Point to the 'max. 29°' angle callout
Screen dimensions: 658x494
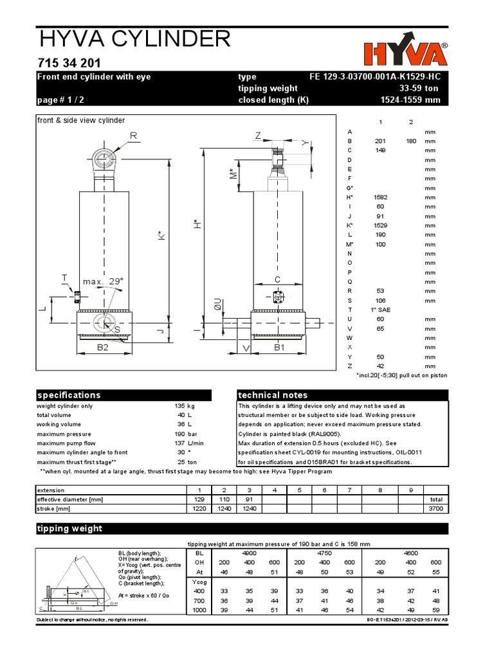102,281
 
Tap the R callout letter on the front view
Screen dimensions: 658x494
134,136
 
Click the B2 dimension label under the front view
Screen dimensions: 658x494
102,348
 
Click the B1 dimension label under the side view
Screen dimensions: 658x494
279,348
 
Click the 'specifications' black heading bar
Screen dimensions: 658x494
123,395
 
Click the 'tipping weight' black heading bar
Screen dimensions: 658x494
123,529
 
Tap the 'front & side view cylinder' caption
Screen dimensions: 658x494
81,120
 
